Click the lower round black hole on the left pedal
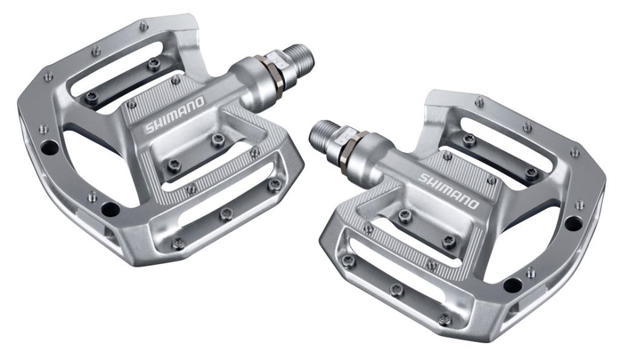[x=110, y=210]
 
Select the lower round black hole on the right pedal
[x=512, y=284]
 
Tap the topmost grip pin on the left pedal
[x=143, y=26]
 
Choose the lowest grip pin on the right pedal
[x=444, y=319]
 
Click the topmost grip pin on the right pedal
[x=479, y=101]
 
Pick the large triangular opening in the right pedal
[x=532, y=242]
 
